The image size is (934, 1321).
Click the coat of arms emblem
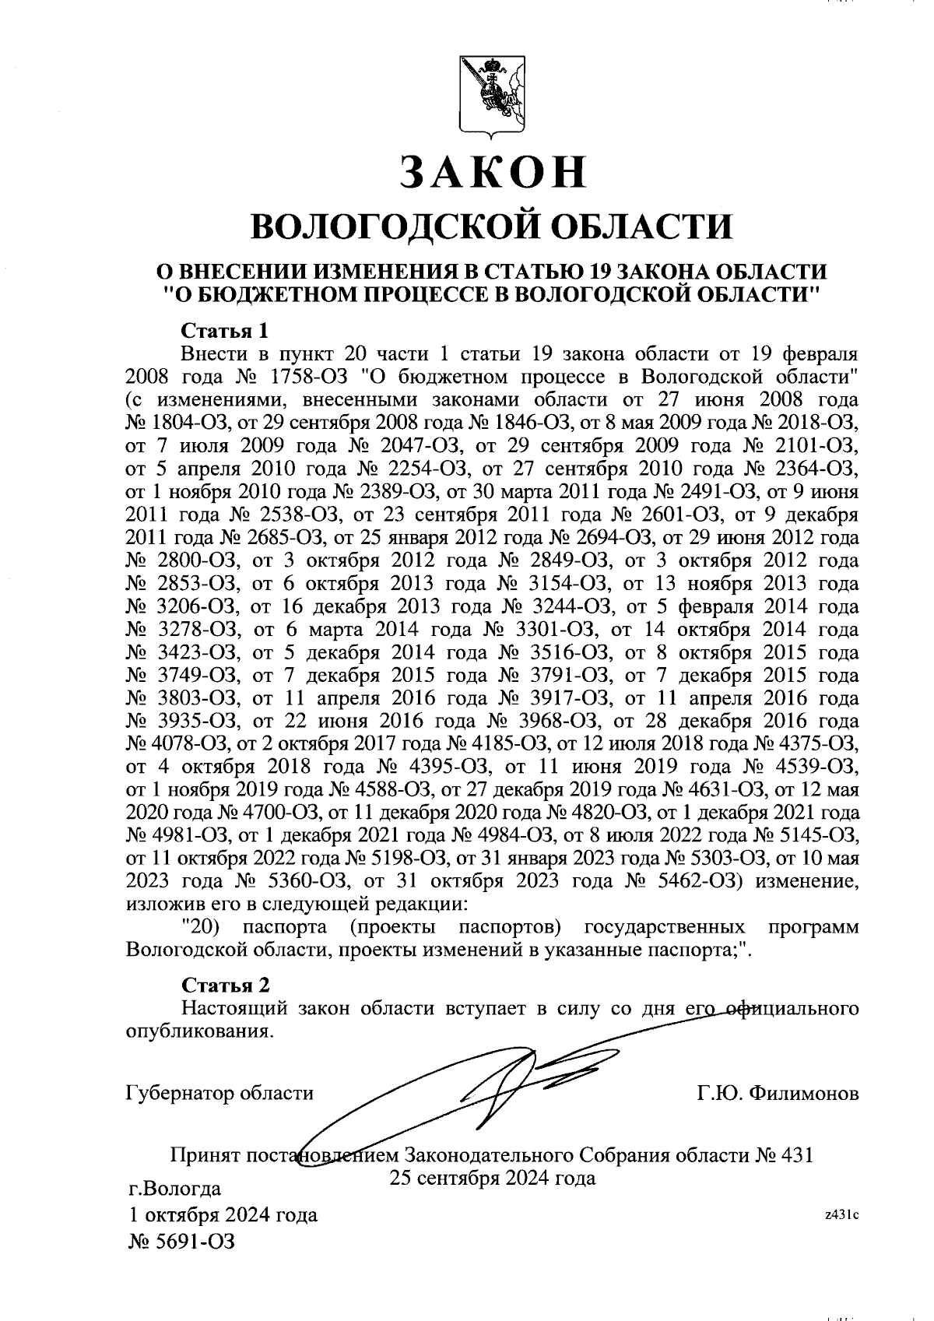[x=491, y=97]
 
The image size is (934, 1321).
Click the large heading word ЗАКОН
[x=491, y=172]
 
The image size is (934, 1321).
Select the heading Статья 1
[x=225, y=331]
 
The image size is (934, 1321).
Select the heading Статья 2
[x=226, y=985]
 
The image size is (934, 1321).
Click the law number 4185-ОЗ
[x=508, y=744]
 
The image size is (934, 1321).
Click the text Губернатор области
[x=219, y=1093]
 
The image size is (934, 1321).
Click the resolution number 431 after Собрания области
[x=795, y=1154]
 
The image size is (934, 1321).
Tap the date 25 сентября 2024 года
[x=492, y=1178]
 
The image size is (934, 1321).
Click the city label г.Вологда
[x=174, y=1189]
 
